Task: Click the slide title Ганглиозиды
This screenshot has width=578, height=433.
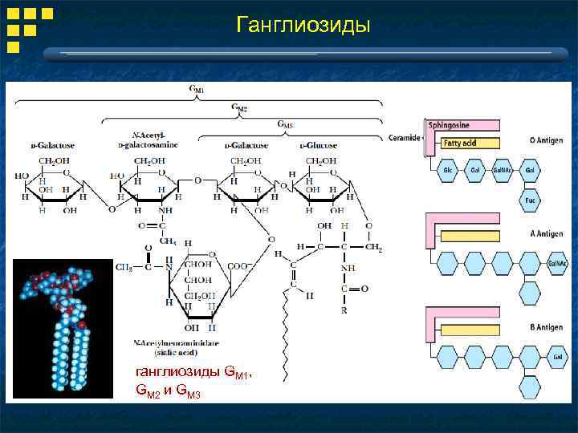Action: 303,26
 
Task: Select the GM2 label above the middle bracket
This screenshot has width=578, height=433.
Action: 239,107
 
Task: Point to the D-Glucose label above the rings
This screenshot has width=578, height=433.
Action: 319,145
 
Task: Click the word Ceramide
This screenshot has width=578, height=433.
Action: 404,137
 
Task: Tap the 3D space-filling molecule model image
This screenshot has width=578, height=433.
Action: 62,328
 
